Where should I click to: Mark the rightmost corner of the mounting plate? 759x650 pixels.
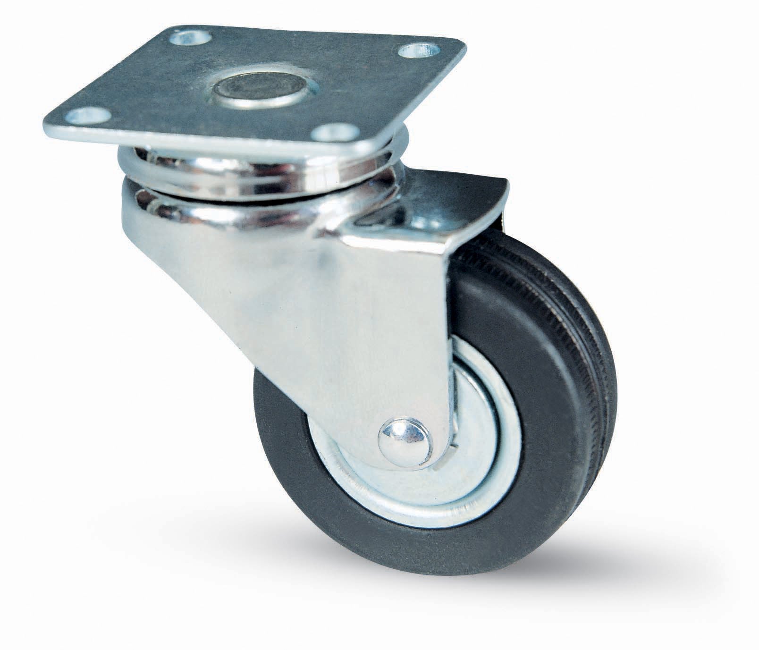[x=465, y=47]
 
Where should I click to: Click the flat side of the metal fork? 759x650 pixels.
[x=330, y=330]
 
